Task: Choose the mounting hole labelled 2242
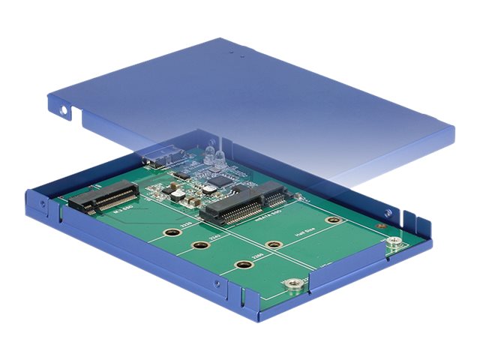(x=199, y=246)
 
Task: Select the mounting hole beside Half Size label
(x=334, y=220)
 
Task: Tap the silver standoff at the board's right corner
(x=392, y=241)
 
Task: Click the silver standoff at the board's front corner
(x=294, y=283)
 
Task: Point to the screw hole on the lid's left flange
(x=64, y=110)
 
